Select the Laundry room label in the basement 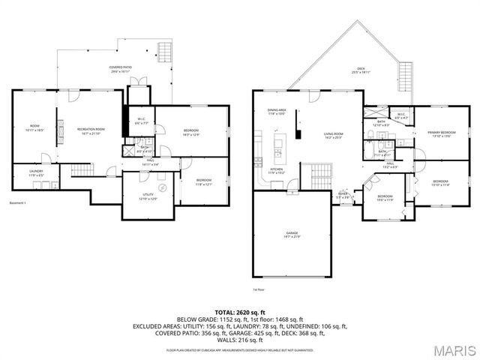tap(37, 173)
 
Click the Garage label tap(292, 235)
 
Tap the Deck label tap(361, 71)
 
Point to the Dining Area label tap(276, 112)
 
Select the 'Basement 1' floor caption tap(17, 203)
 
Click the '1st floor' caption tap(259, 289)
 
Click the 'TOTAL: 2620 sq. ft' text tap(239, 310)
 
